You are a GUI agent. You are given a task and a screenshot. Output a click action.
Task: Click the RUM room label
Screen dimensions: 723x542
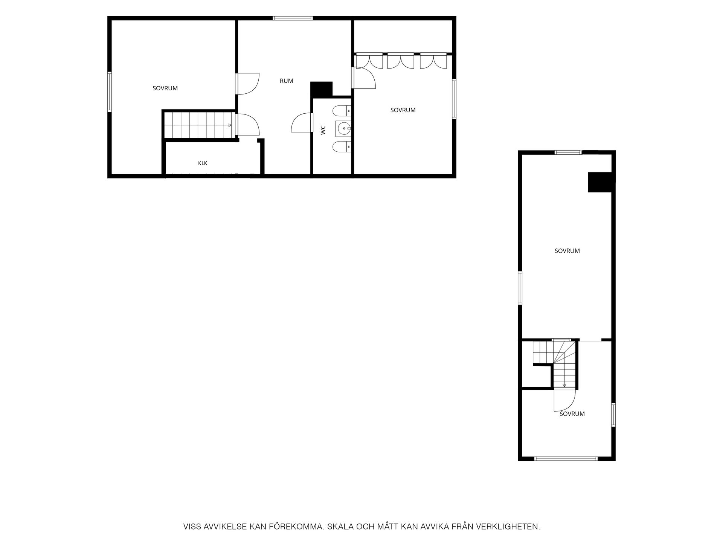click(x=286, y=81)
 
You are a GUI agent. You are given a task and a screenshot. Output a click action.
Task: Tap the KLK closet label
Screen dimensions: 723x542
click(x=203, y=163)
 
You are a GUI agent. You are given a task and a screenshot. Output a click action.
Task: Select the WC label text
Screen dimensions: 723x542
click(x=323, y=130)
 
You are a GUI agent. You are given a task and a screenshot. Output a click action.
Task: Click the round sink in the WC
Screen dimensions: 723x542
click(x=343, y=129)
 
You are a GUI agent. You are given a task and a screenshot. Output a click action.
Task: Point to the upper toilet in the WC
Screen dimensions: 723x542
click(x=342, y=111)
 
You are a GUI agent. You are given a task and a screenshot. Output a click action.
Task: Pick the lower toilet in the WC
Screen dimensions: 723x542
click(x=342, y=146)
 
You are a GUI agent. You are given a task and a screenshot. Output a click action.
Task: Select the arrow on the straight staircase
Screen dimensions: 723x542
click(x=229, y=125)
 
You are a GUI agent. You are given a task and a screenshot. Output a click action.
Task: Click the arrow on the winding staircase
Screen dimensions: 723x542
click(x=564, y=385)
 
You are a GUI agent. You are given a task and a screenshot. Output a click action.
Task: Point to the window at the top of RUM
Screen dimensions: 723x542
click(x=293, y=18)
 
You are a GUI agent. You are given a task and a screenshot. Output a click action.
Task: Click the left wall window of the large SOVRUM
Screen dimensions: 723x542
click(x=110, y=92)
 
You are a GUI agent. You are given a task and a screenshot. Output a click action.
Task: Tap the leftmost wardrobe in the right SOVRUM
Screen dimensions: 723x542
click(x=369, y=61)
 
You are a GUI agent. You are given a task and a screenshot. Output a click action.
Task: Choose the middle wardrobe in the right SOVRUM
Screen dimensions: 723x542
click(x=401, y=61)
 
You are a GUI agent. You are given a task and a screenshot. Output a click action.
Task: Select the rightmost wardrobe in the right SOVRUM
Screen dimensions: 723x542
click(x=433, y=61)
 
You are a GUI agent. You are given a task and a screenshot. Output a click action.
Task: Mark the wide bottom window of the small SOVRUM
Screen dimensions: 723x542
click(x=566, y=458)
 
